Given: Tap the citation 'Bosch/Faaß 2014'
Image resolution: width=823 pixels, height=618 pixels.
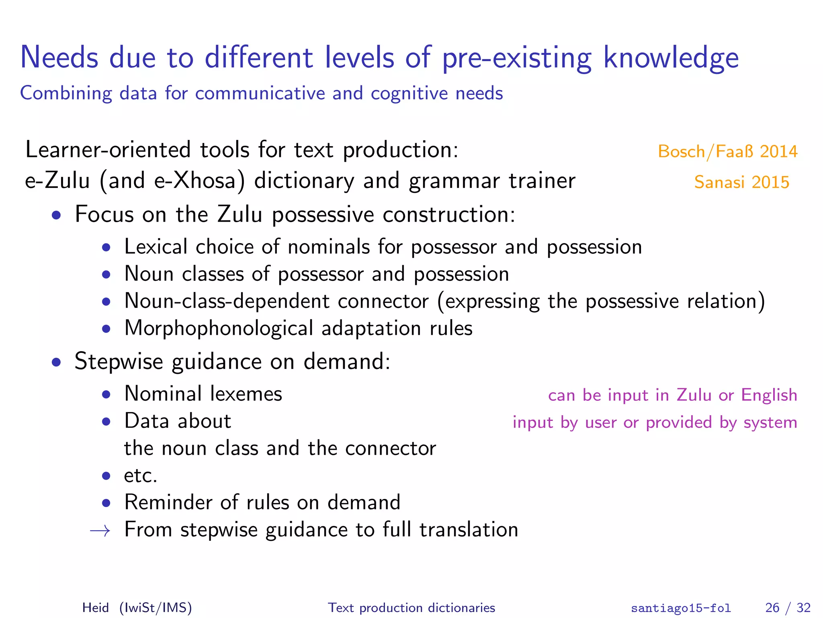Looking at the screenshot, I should point(727,152).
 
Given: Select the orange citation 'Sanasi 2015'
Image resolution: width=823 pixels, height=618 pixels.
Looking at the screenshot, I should point(741,182).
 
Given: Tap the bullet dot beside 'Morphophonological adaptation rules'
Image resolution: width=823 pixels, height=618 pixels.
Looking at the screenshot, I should point(106,329).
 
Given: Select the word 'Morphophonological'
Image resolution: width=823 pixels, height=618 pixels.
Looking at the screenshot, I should point(219,329).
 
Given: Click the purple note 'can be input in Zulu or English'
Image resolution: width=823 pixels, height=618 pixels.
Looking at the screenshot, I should point(672,395).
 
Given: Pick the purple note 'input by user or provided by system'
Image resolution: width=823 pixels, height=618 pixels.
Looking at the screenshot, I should point(655,422).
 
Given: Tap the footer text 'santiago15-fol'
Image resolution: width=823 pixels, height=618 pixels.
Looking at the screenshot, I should point(681,608).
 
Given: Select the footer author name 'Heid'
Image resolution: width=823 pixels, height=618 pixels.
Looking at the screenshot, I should point(95,608).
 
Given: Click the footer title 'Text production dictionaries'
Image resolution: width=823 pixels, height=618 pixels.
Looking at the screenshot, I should point(411,608).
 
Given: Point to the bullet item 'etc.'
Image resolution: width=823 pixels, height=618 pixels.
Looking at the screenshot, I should point(141,476).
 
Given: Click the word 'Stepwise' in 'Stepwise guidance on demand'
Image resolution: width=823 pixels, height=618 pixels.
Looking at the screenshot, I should point(119,361).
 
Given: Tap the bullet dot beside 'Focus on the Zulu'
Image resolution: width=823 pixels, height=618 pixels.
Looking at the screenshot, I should point(56,215).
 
